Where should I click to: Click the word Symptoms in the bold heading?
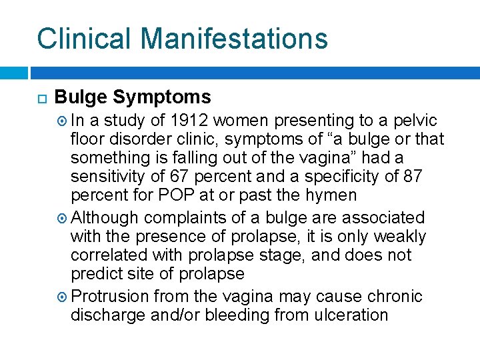(x=162, y=97)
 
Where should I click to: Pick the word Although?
(x=105, y=218)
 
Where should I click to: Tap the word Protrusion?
(x=111, y=296)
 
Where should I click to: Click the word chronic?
(x=398, y=296)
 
